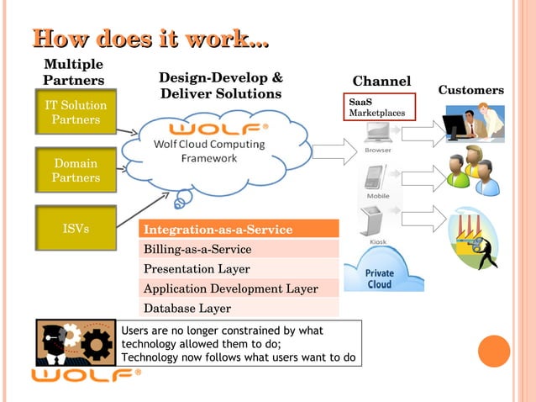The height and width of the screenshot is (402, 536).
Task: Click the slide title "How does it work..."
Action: (x=150, y=39)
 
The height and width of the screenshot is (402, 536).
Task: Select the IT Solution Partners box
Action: (x=76, y=113)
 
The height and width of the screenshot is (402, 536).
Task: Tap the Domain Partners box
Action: (x=76, y=171)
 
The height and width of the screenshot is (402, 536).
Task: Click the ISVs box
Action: (x=76, y=228)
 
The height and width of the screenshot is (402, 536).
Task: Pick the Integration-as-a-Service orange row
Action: (x=239, y=229)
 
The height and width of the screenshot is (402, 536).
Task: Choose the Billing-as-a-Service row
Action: (x=239, y=249)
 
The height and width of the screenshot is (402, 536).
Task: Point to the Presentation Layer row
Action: (x=239, y=269)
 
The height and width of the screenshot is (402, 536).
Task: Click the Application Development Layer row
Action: (x=239, y=288)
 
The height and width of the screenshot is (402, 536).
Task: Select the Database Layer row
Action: (x=239, y=308)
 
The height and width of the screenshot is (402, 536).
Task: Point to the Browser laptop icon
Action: (x=376, y=134)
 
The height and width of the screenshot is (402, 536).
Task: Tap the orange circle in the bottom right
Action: (x=494, y=352)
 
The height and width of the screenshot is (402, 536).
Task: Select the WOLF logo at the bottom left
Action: (x=86, y=374)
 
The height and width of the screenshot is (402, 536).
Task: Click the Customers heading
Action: (x=470, y=90)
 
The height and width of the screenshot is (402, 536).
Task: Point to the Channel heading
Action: (x=381, y=82)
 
